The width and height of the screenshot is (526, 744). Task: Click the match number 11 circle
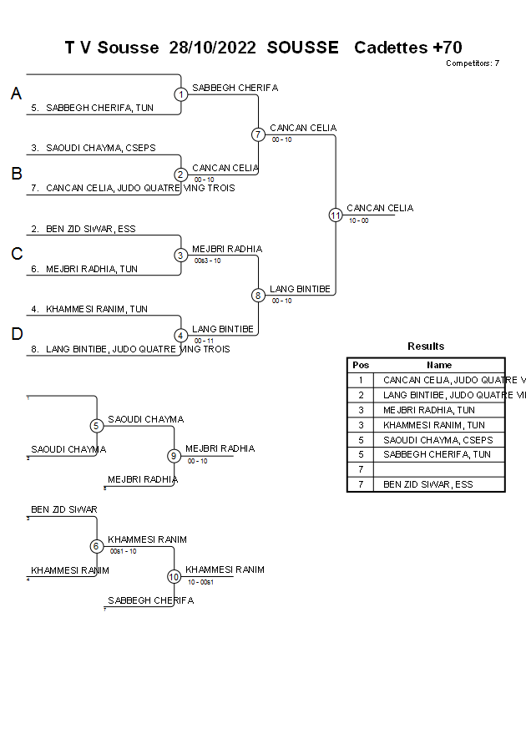(x=336, y=215)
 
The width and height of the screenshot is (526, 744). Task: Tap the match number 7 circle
(x=258, y=134)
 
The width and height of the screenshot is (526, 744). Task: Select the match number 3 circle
(x=180, y=255)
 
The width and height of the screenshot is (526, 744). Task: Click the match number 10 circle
(x=174, y=576)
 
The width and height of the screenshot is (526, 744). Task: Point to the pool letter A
(x=16, y=94)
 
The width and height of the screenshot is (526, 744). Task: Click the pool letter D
(x=16, y=335)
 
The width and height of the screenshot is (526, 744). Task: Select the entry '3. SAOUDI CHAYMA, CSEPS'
(x=94, y=148)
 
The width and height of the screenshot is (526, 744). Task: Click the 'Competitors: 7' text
(x=472, y=63)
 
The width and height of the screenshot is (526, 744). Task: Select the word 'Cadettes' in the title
(x=390, y=48)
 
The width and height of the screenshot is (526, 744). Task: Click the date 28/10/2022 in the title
(x=213, y=48)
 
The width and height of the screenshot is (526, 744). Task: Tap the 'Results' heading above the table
(x=426, y=346)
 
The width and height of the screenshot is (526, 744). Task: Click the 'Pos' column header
(x=361, y=365)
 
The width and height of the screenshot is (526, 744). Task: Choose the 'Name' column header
(x=439, y=365)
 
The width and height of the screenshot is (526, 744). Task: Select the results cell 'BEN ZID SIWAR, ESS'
(x=427, y=484)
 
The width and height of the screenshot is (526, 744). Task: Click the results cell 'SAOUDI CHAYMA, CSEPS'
(x=437, y=440)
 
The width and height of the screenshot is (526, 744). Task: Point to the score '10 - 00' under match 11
(x=359, y=220)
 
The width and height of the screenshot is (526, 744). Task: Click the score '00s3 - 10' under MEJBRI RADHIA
(x=207, y=261)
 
